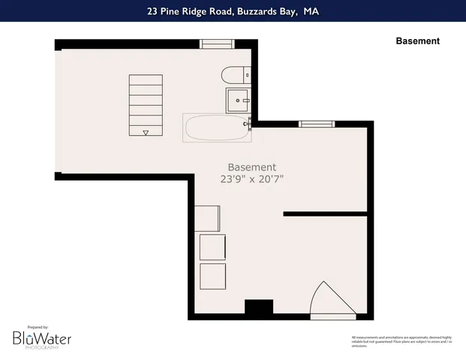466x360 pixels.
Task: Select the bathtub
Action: point(217,128)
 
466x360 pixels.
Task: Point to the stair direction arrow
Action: point(146,133)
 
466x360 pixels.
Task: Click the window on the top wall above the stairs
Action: point(217,44)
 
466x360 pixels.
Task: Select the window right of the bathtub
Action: point(316,124)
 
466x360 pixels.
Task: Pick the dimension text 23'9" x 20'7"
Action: point(252,179)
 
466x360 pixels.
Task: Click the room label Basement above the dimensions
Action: point(252,166)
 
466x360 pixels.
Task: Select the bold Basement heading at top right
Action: point(417,41)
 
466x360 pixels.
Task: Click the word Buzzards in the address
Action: point(249,11)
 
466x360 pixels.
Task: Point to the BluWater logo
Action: point(41,339)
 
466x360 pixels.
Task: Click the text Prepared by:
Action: point(38,327)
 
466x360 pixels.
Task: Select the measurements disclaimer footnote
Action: point(401,341)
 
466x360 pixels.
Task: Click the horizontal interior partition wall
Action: point(325,214)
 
